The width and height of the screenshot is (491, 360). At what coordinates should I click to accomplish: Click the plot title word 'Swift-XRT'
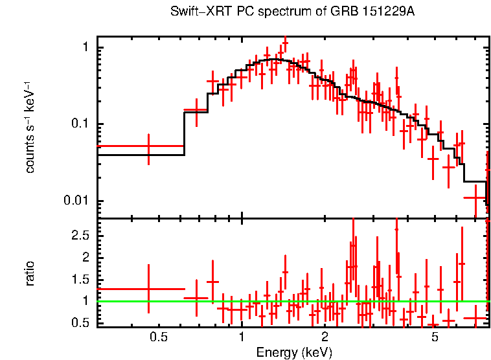pos(193,12)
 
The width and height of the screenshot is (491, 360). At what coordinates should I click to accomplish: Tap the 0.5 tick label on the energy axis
pos(158,337)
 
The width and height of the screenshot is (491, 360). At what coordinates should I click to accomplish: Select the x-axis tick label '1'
pos(242,337)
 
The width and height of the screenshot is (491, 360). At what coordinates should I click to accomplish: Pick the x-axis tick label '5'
pos(435,337)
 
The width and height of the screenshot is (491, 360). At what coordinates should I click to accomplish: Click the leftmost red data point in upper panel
pos(148,146)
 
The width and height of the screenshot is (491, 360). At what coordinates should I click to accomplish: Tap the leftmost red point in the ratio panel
pos(148,289)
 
